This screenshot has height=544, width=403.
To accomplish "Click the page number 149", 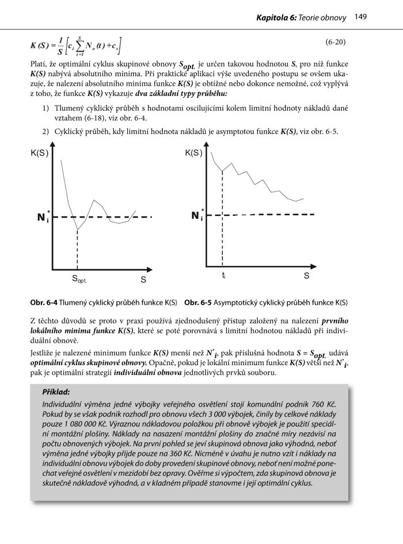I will tap(361, 18).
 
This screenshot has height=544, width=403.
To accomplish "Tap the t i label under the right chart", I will tap(223, 275).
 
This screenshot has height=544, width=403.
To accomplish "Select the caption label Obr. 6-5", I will tap(198, 302).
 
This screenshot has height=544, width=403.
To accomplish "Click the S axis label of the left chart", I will tap(143, 279).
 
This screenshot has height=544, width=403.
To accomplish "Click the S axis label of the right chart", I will tap(306, 275).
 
